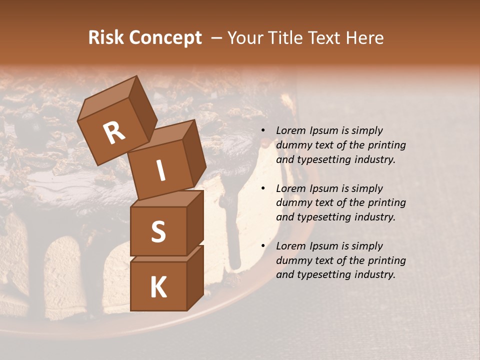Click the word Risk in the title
[105, 37]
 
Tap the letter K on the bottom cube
[158, 287]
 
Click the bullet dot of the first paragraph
[263, 130]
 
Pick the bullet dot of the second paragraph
[263, 188]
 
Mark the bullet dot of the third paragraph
[263, 246]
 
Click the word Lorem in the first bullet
[290, 130]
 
